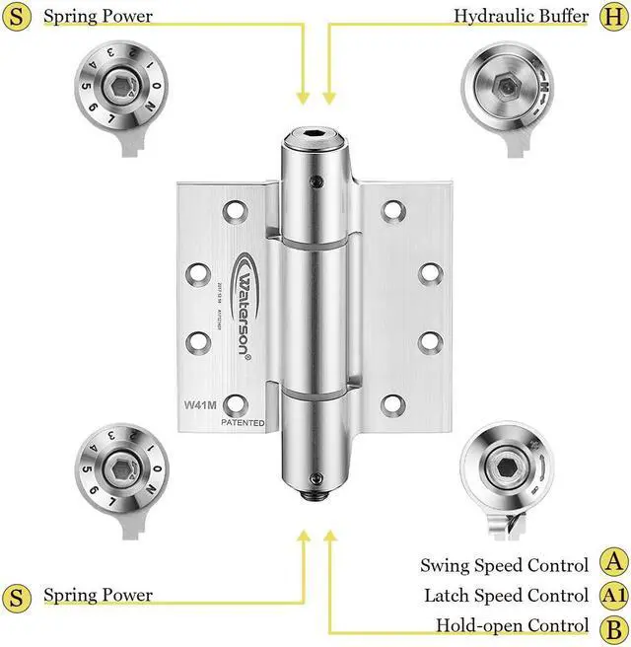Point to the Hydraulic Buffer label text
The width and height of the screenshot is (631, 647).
pyautogui.click(x=521, y=16)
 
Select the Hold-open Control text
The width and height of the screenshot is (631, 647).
pyautogui.click(x=513, y=626)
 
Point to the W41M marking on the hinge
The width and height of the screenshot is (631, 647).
pyautogui.click(x=200, y=404)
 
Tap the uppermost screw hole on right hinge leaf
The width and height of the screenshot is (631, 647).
pyautogui.click(x=392, y=210)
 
